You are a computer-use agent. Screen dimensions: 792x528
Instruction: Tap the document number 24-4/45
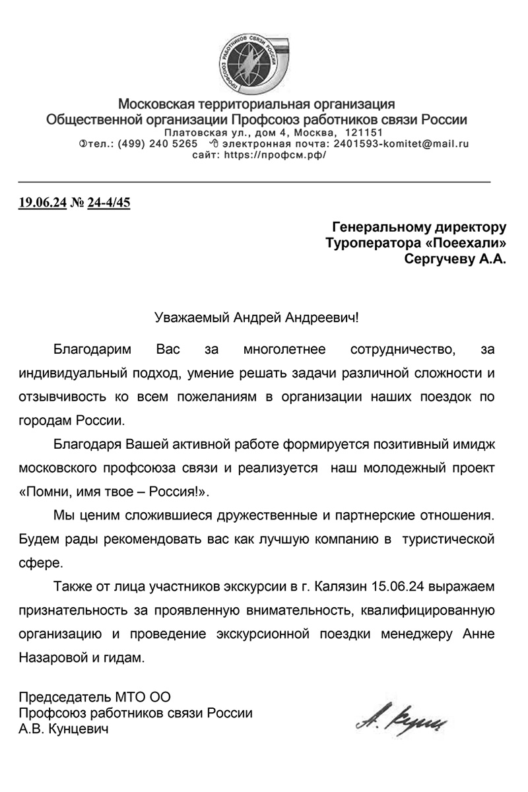point(109,202)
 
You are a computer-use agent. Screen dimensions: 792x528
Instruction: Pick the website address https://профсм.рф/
point(275,155)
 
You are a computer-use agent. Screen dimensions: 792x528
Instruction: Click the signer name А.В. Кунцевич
point(63,729)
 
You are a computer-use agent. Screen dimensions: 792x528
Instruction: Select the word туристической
point(449,539)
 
